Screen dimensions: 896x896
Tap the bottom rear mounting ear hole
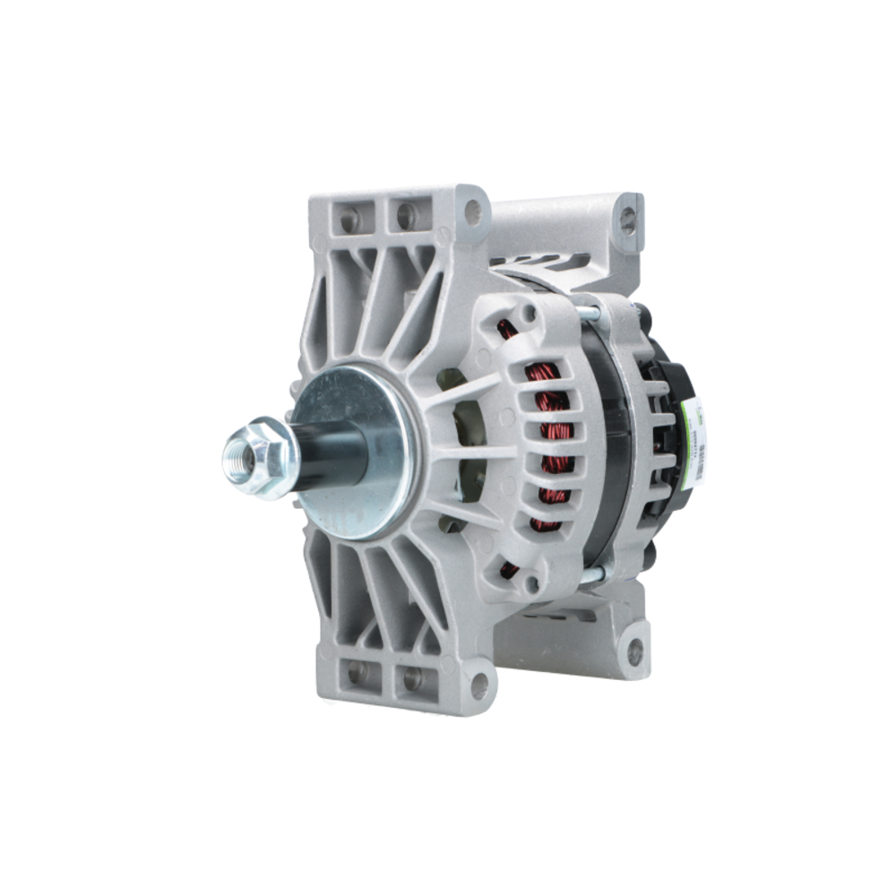(634, 652)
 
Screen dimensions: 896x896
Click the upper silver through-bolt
(588, 313)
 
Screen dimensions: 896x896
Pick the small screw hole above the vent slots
(530, 313)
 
